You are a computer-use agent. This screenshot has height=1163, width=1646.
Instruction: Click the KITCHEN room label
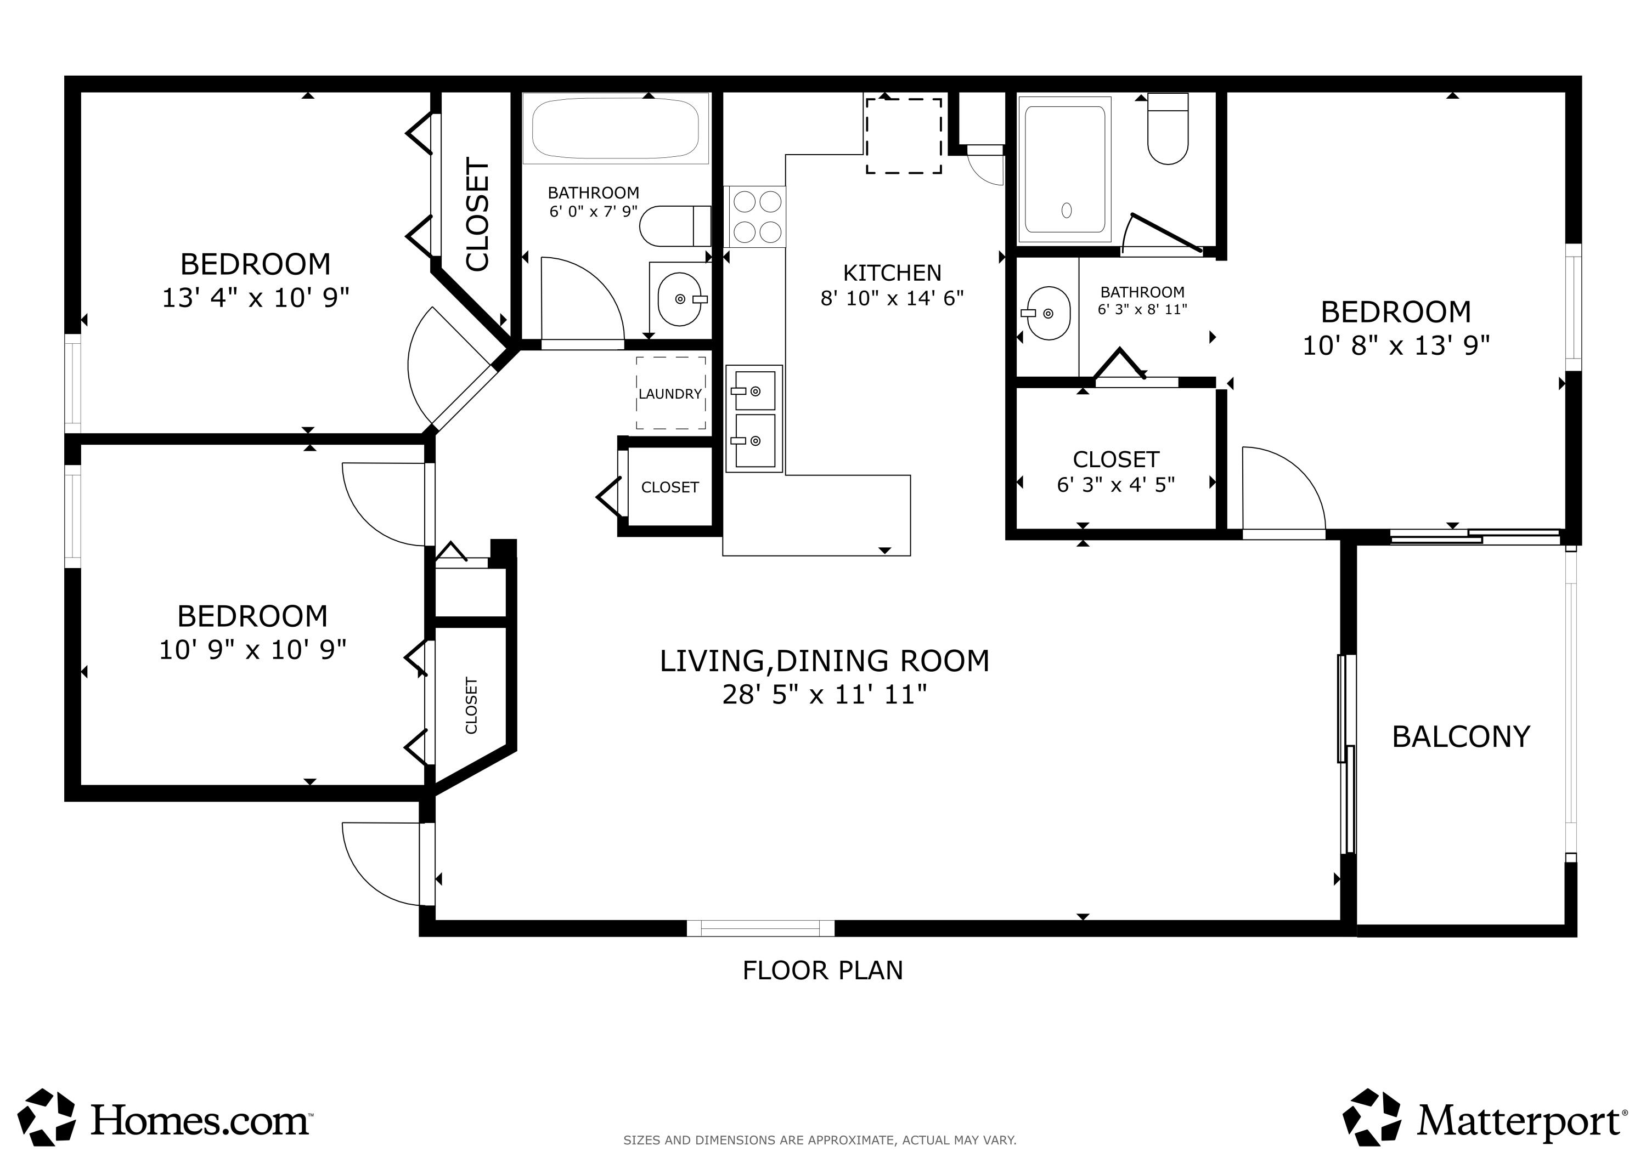tap(892, 273)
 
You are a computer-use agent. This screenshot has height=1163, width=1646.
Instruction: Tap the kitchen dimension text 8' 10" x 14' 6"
tap(892, 298)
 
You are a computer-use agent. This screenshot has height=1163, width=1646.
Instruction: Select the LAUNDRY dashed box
tap(670, 393)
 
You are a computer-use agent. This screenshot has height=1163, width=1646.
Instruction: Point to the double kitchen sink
tap(754, 418)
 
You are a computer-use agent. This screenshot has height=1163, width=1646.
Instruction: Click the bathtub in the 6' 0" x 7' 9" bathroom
tap(615, 129)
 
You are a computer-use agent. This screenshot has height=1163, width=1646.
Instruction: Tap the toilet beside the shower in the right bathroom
tap(1168, 131)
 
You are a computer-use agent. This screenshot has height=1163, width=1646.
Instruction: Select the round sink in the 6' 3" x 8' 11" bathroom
tap(1048, 313)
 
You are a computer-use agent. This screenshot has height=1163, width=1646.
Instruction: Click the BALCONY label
tap(1461, 736)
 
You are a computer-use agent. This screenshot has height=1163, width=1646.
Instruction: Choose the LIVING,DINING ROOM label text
tap(825, 661)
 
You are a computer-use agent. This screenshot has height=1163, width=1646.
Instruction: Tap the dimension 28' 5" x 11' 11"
tap(825, 694)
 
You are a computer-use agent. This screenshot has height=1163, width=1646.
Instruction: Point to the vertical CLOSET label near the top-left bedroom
tap(477, 215)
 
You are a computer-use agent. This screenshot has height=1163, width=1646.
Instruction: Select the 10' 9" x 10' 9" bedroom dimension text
tap(252, 650)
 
